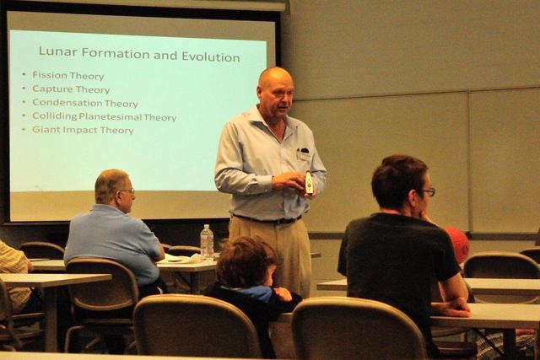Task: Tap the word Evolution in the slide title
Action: point(210,56)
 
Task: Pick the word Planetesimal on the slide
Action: point(111,116)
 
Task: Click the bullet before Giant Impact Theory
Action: point(24,129)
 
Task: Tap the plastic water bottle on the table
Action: point(207,242)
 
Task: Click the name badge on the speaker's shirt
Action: point(305,156)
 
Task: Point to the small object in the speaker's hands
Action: point(309,182)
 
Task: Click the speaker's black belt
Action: point(267,219)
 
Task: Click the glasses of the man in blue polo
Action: point(128,191)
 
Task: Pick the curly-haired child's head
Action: point(246,262)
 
